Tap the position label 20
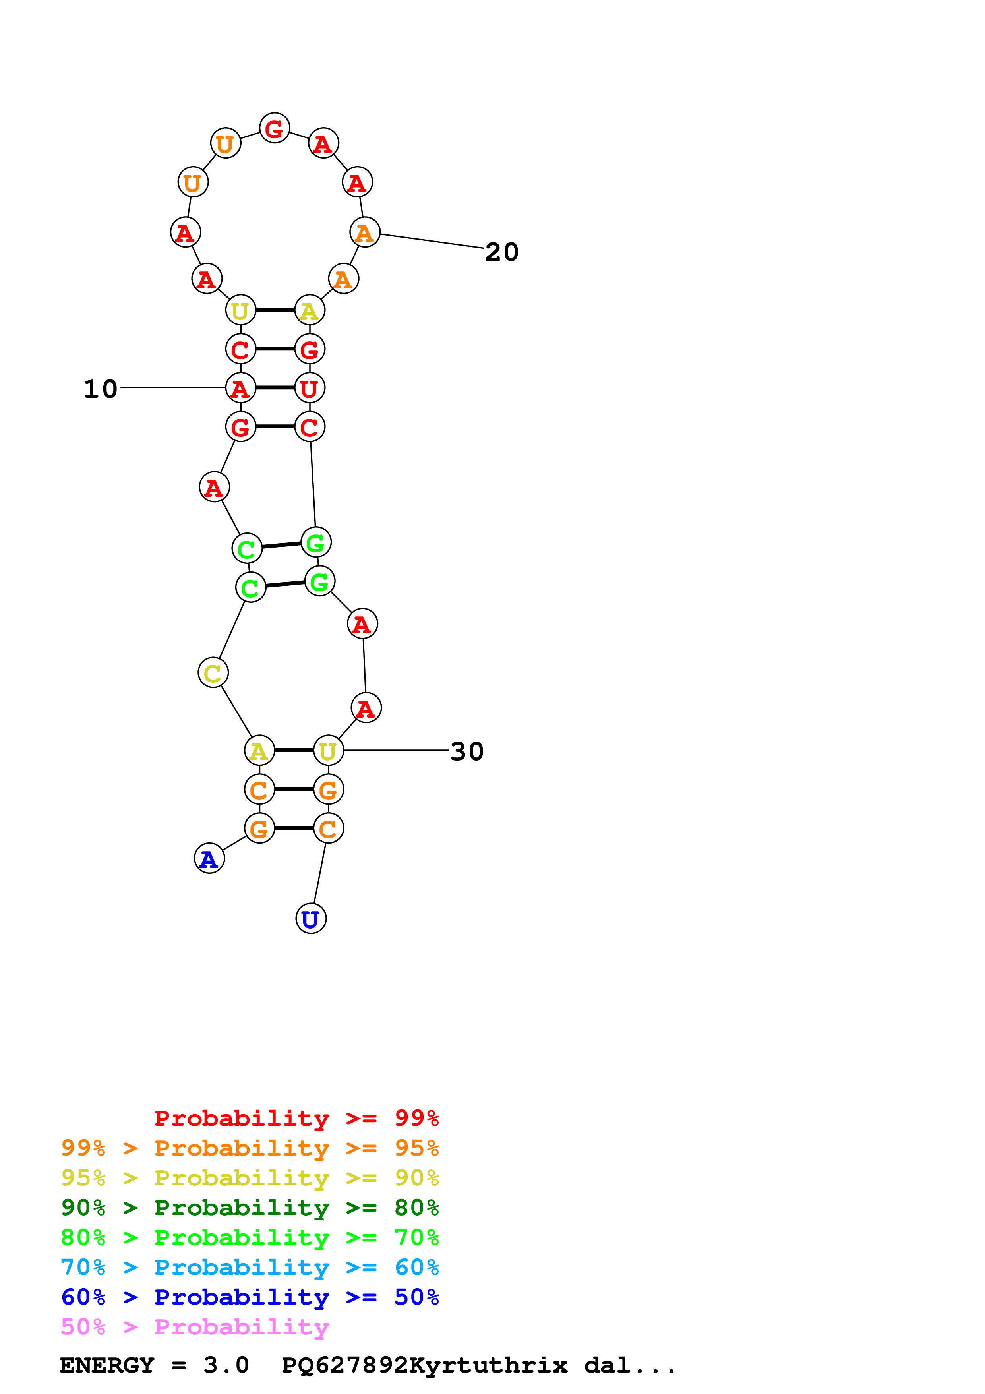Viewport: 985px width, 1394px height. click(x=501, y=252)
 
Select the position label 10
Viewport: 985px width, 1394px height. click(x=100, y=389)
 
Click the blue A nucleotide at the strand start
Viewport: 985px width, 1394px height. click(x=209, y=858)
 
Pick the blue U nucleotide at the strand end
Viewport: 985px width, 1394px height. click(x=311, y=919)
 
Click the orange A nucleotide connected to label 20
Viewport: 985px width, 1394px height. click(x=365, y=232)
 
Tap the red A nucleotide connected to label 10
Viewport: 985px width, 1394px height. click(x=240, y=388)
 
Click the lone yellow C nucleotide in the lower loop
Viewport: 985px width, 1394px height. click(x=213, y=673)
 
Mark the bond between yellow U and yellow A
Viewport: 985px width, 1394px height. click(x=275, y=310)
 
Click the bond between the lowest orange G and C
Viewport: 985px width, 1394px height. click(x=294, y=828)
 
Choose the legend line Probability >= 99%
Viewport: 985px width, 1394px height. click(x=296, y=1118)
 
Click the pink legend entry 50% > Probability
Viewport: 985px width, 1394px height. click(x=195, y=1327)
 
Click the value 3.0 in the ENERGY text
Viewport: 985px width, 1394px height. click(x=226, y=1365)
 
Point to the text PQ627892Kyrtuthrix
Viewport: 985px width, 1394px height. click(x=424, y=1365)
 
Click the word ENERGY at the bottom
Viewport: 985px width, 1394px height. click(x=107, y=1365)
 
